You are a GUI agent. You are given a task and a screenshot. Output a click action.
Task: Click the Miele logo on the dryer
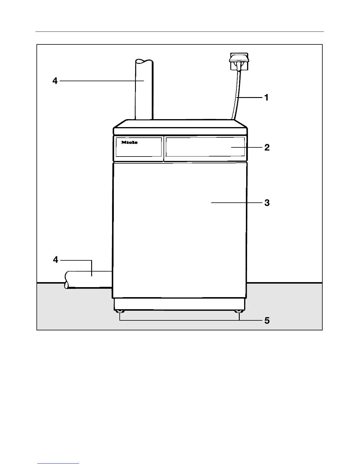pyautogui.click(x=129, y=142)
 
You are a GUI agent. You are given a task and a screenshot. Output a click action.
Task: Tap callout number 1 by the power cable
pyautogui.click(x=266, y=97)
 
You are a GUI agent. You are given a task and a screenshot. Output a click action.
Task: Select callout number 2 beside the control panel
pyautogui.click(x=267, y=147)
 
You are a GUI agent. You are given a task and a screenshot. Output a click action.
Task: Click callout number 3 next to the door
pyautogui.click(x=267, y=203)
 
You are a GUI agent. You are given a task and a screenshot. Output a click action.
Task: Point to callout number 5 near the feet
pyautogui.click(x=267, y=320)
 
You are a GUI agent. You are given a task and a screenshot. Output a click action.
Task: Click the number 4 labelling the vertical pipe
pyautogui.click(x=55, y=81)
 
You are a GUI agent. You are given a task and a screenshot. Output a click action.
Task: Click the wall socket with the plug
pyautogui.click(x=239, y=62)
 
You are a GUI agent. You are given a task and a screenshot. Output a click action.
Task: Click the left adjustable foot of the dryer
pyautogui.click(x=120, y=312)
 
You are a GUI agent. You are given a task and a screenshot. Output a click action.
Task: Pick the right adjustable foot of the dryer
pyautogui.click(x=239, y=312)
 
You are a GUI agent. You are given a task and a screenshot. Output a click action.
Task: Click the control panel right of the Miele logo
pyautogui.click(x=205, y=147)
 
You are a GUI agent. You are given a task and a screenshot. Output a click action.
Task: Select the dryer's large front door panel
pyautogui.click(x=179, y=229)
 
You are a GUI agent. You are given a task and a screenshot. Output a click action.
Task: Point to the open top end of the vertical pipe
pyautogui.click(x=144, y=61)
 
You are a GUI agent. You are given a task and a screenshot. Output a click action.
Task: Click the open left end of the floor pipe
pyautogui.click(x=67, y=280)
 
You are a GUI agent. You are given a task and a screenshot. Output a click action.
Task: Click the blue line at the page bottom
pyautogui.click(x=58, y=464)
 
